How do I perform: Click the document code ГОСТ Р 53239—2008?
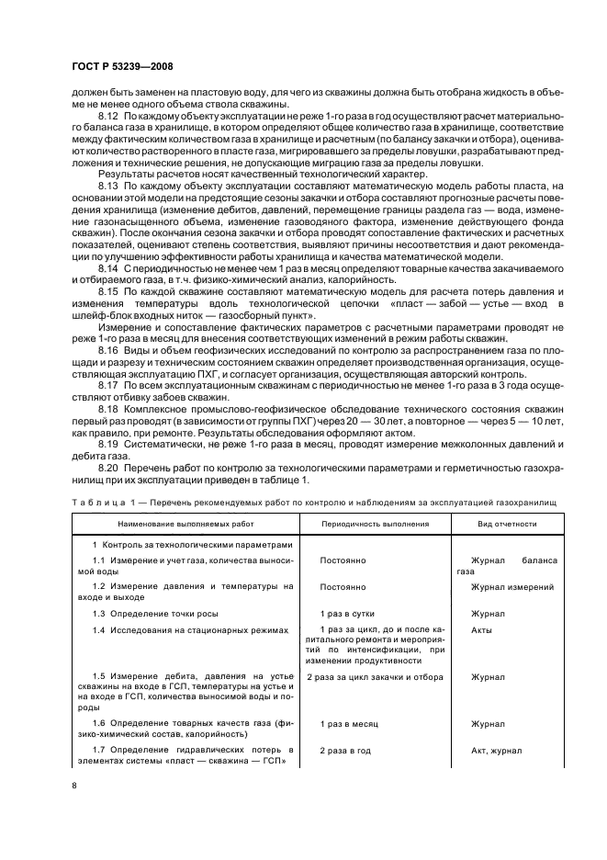click(x=122, y=66)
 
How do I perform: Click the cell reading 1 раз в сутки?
click(x=346, y=612)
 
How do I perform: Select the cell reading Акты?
click(x=481, y=629)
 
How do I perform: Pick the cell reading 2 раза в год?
click(x=345, y=750)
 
